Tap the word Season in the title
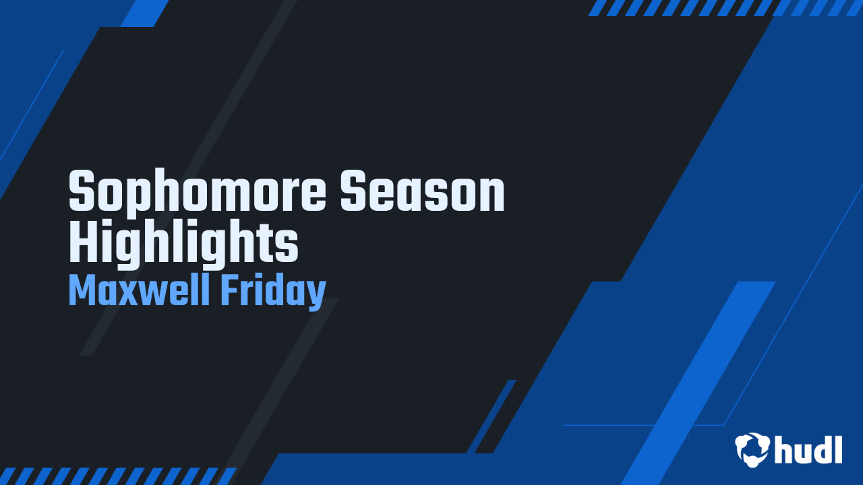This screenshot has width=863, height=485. tap(422, 192)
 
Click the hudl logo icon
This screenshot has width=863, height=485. tap(752, 449)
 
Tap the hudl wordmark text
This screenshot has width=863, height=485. tap(808, 449)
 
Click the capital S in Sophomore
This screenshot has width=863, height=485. tap(82, 192)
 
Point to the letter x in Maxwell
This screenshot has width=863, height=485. tap(135, 294)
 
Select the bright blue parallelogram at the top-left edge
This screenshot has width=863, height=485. tap(145, 13)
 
